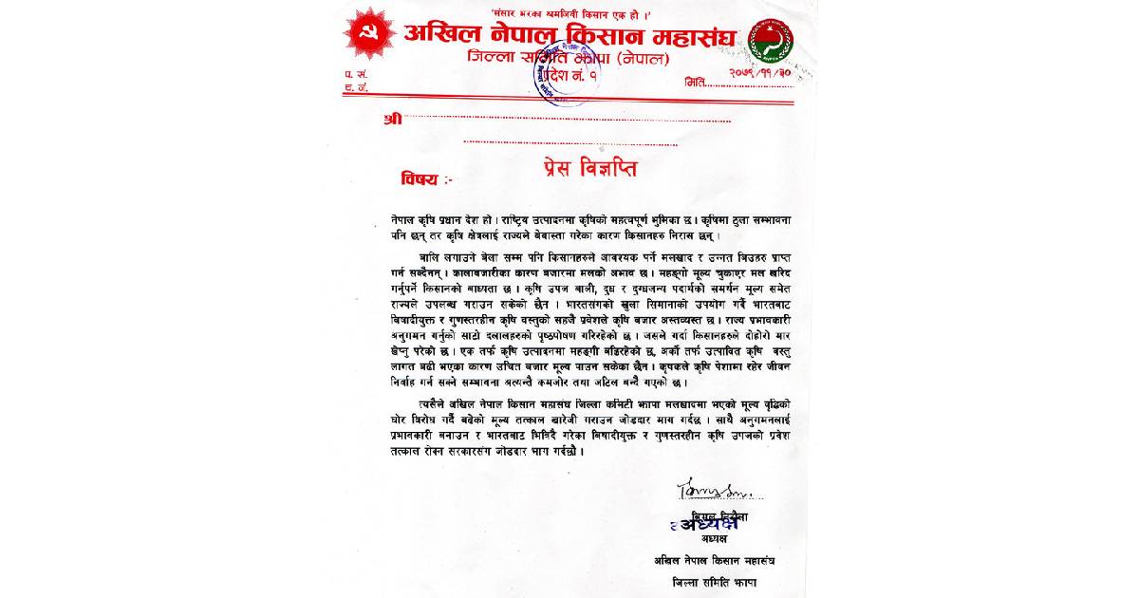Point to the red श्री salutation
pyautogui.click(x=393, y=119)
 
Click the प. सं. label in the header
pyautogui.click(x=352, y=73)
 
